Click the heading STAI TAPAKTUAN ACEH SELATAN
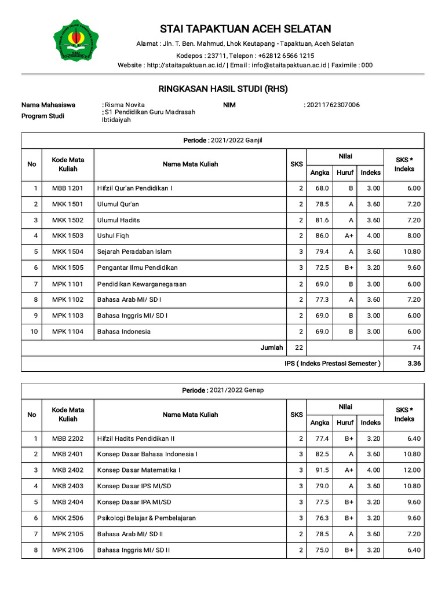pyautogui.click(x=245, y=29)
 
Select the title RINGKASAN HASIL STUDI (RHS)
pyautogui.click(x=222, y=89)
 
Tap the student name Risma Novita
pyautogui.click(x=123, y=105)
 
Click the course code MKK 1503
pyautogui.click(x=68, y=236)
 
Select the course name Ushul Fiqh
pyautogui.click(x=113, y=236)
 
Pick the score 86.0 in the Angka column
pyautogui.click(x=322, y=236)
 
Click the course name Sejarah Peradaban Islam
pyautogui.click(x=134, y=252)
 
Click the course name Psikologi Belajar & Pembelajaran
pyautogui.click(x=147, y=518)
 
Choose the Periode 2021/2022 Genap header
pyautogui.click(x=222, y=390)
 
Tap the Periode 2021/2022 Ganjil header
pyautogui.click(x=222, y=140)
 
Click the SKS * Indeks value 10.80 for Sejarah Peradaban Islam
pyautogui.click(x=411, y=252)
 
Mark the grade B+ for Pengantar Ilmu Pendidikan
pyautogui.click(x=349, y=268)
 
